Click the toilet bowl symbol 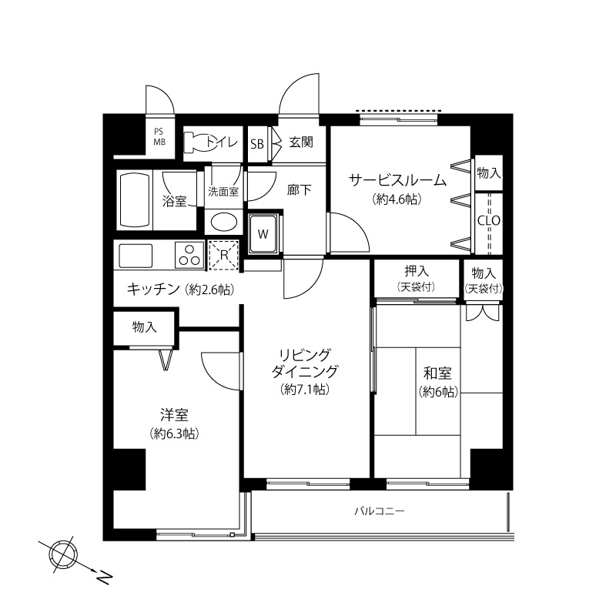[x=199, y=143]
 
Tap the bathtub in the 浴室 [x=135, y=199]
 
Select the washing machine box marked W [x=263, y=234]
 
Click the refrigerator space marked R [x=223, y=255]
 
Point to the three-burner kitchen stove [x=189, y=255]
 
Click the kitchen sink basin [x=136, y=256]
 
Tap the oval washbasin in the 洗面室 [x=224, y=223]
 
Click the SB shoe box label [x=257, y=144]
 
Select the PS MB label [x=159, y=137]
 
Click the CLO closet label [x=489, y=220]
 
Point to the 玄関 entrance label [x=301, y=142]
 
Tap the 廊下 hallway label [x=299, y=190]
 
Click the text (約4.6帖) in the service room [x=397, y=199]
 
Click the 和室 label [x=437, y=373]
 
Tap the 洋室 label [x=174, y=415]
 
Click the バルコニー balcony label [x=380, y=511]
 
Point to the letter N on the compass [x=104, y=578]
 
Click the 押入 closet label [x=417, y=271]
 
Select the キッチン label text [x=153, y=290]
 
